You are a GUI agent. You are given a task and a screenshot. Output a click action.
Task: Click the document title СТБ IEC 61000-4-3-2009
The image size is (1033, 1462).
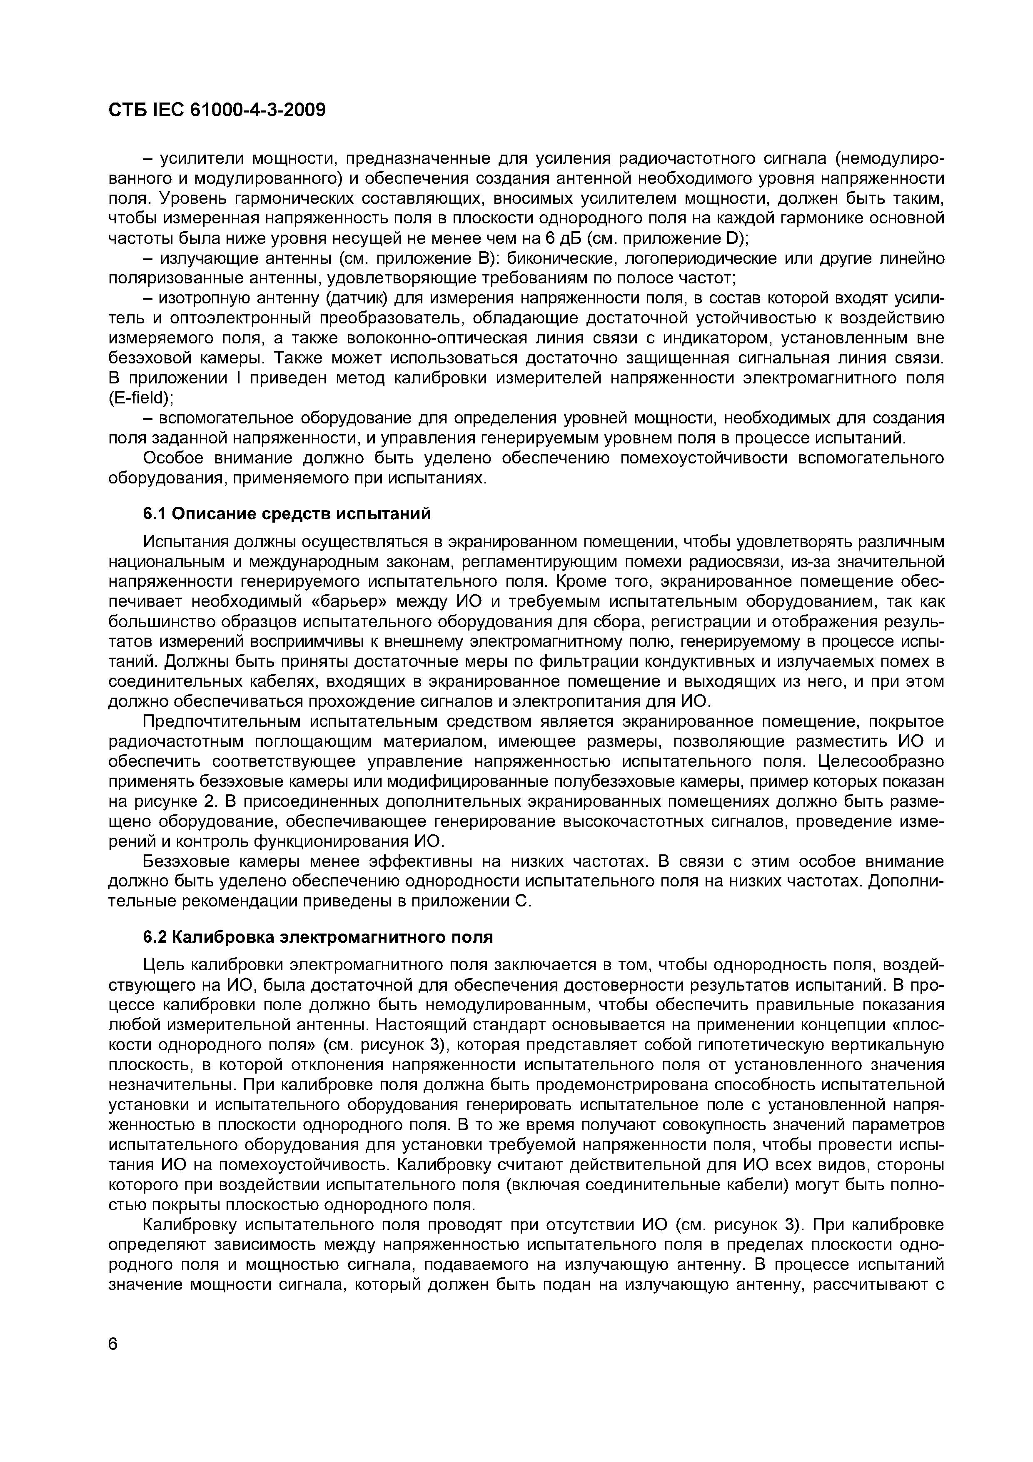tap(217, 110)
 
